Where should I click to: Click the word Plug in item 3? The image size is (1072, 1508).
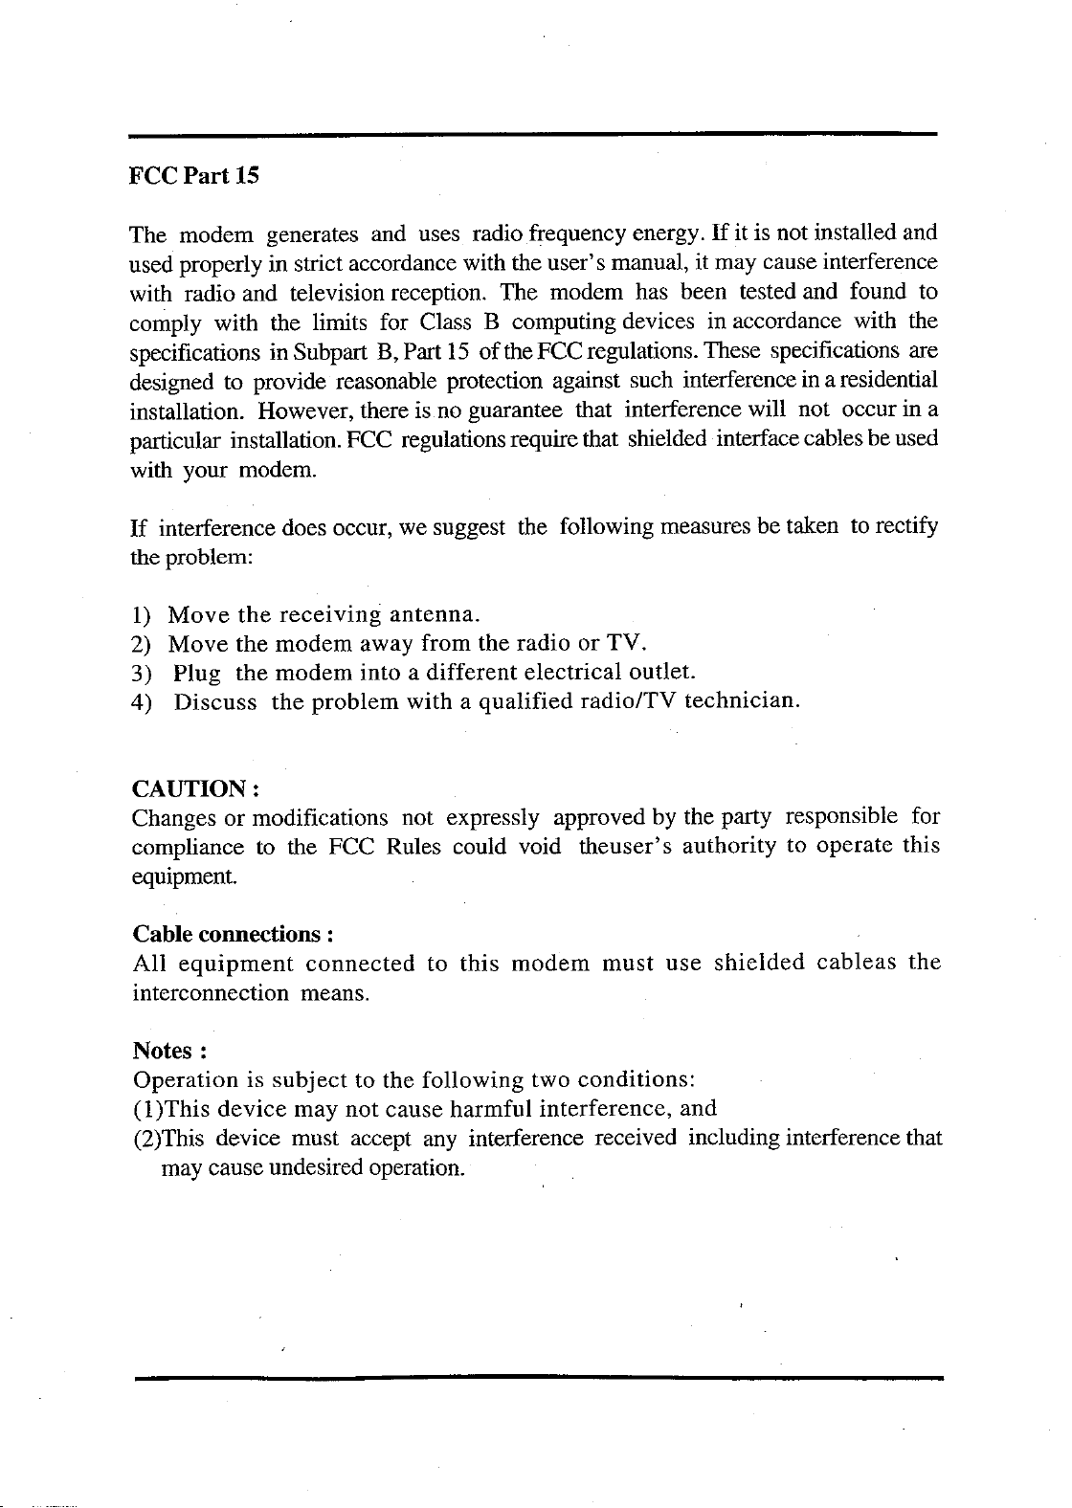(198, 673)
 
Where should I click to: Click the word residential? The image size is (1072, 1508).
(887, 378)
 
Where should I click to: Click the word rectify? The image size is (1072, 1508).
(907, 527)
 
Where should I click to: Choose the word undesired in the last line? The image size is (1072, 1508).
(307, 1168)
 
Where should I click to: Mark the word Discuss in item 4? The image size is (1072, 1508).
(215, 701)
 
